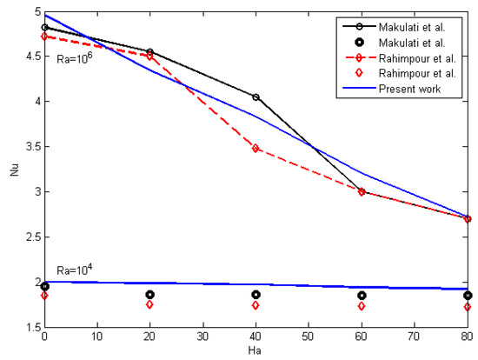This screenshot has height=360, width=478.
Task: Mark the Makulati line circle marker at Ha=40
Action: coord(256,97)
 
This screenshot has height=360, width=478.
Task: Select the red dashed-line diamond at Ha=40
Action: coord(256,149)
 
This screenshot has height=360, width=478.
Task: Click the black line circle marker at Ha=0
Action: coord(44,28)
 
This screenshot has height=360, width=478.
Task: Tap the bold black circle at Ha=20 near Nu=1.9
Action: coord(149,295)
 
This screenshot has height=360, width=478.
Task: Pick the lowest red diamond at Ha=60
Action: coord(362,306)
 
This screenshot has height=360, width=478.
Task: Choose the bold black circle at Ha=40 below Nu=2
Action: coord(256,295)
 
